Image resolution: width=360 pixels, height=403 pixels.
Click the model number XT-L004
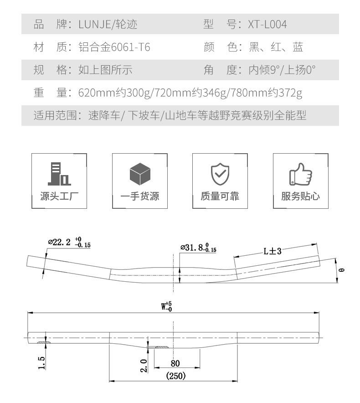click(267, 24)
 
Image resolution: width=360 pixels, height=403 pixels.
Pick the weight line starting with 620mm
click(190, 93)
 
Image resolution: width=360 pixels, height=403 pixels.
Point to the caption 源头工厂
click(59, 196)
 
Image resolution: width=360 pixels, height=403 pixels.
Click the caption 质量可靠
click(220, 196)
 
